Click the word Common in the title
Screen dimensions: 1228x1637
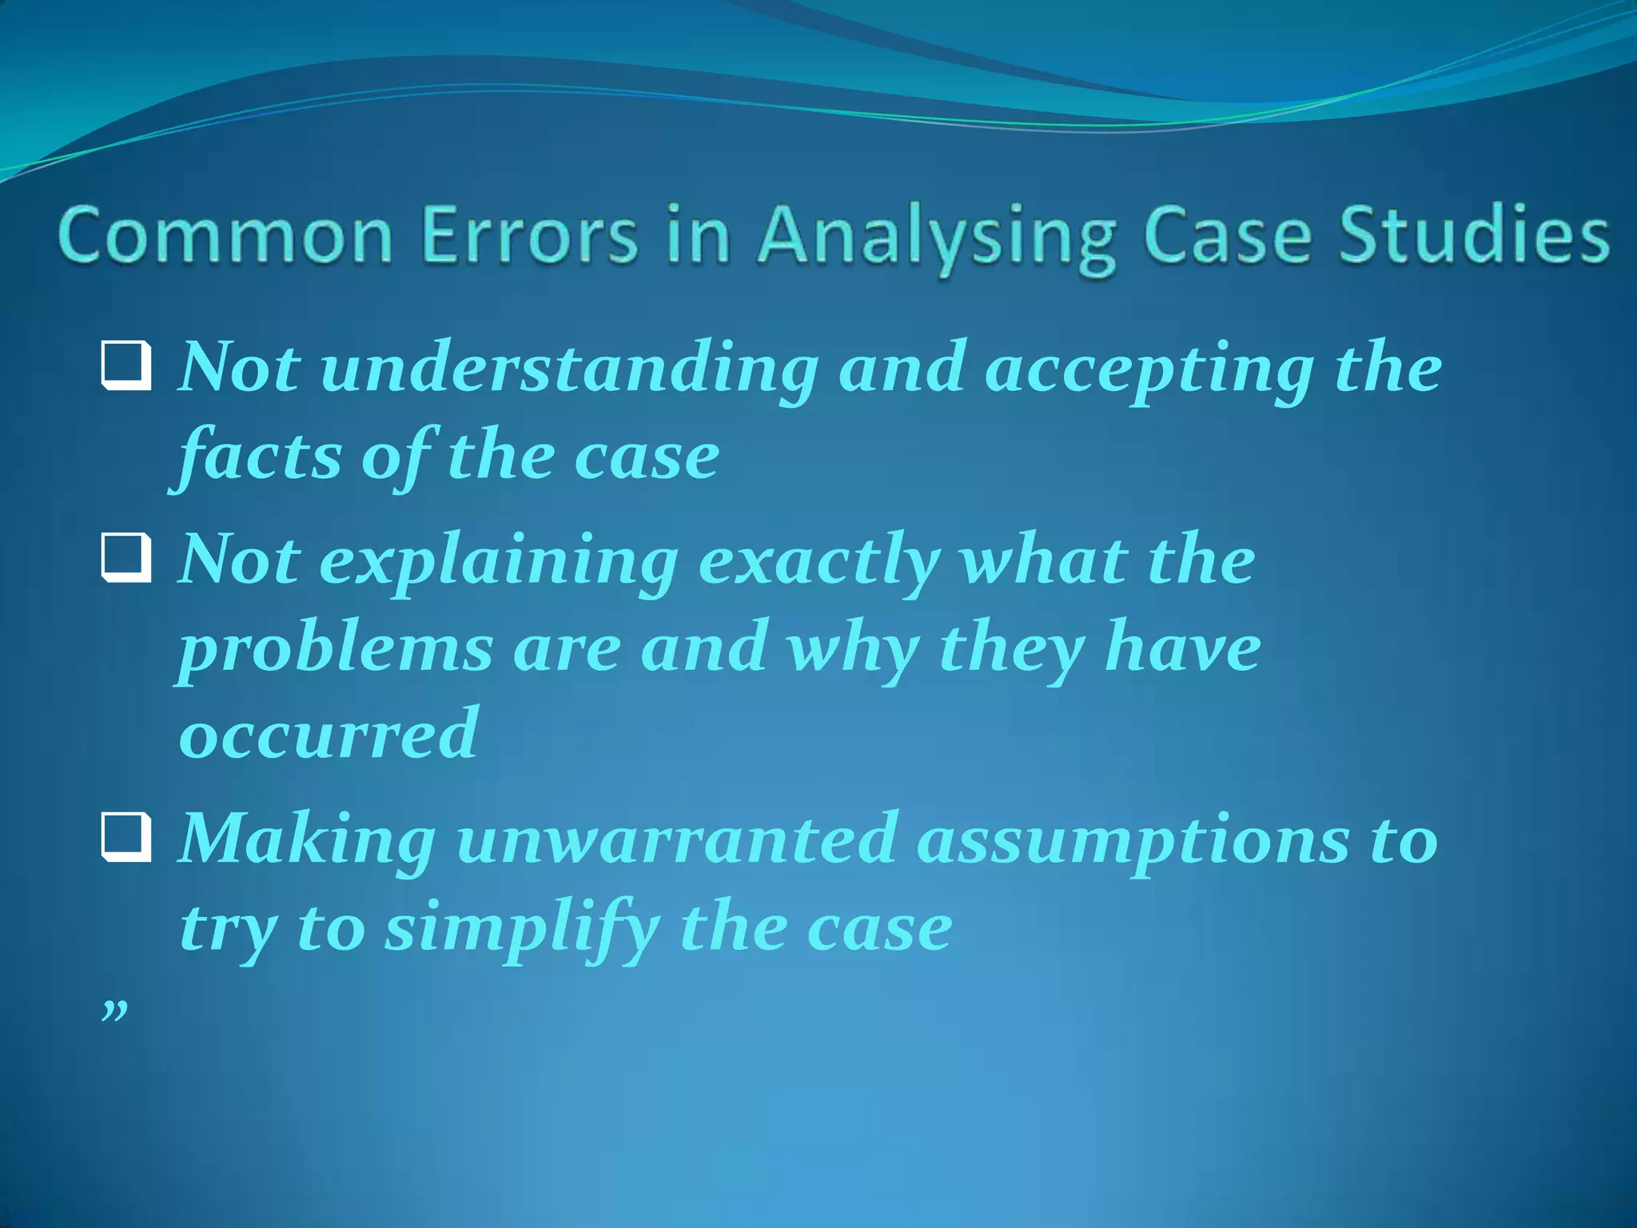[x=225, y=235]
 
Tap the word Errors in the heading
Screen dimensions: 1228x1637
[x=530, y=235]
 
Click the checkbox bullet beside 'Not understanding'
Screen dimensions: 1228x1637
[x=126, y=367]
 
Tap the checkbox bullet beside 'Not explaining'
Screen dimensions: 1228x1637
[x=126, y=559]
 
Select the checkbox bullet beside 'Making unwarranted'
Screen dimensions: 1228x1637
[x=126, y=839]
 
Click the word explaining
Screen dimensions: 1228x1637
[x=499, y=563]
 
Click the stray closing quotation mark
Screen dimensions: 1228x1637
[x=114, y=1011]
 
